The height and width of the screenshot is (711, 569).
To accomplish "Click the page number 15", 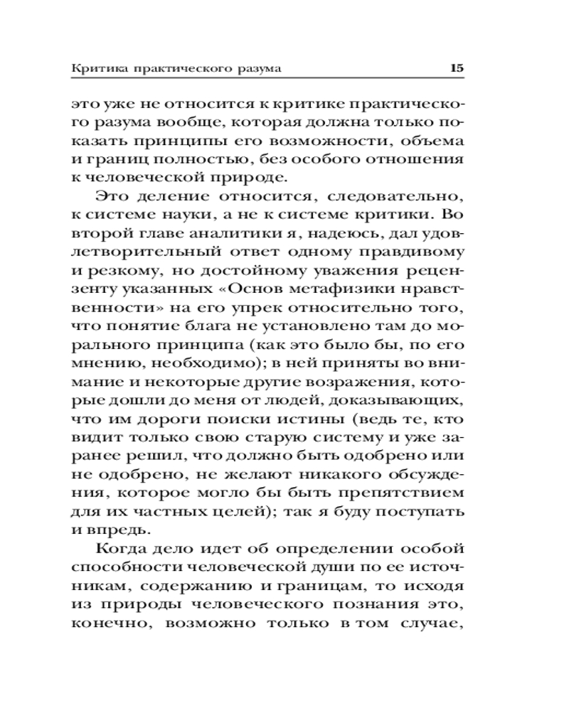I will (456, 69).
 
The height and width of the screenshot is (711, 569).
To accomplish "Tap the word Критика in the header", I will (95, 69).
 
